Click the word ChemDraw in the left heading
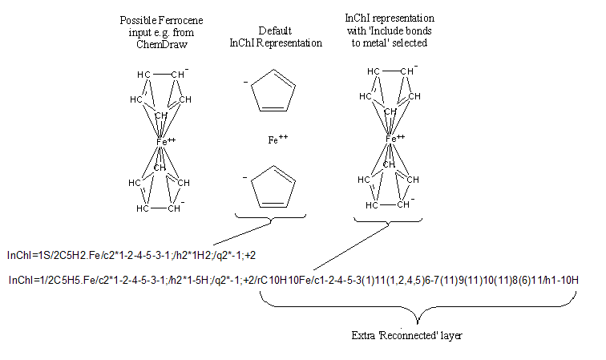point(161,44)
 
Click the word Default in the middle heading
point(274,31)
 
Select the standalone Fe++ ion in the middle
point(277,140)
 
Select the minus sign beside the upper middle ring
point(244,82)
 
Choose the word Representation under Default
point(275,43)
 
